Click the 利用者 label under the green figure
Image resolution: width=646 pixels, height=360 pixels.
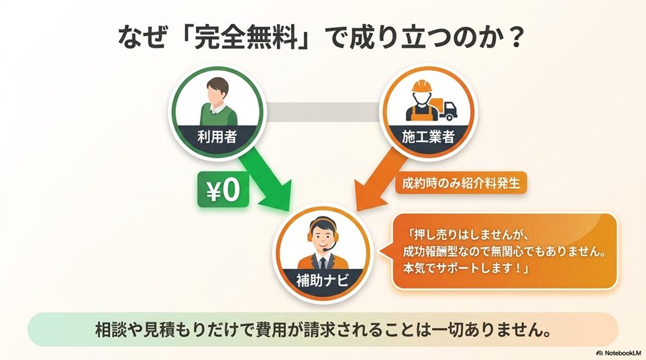click(x=217, y=136)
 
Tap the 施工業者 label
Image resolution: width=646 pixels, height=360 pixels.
click(x=428, y=136)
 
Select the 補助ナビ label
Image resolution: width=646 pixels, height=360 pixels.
click(x=323, y=280)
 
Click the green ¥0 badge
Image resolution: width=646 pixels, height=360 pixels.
click(x=223, y=190)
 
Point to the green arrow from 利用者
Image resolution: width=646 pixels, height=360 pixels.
click(x=266, y=178)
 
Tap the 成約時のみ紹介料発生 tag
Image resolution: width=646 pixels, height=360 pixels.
click(x=461, y=183)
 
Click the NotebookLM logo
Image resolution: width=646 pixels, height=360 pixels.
click(x=618, y=353)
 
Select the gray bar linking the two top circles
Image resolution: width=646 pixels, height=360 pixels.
click(x=322, y=112)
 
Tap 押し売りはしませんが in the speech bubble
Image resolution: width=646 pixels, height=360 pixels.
click(x=466, y=235)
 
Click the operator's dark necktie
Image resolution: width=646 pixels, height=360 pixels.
click(x=323, y=263)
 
